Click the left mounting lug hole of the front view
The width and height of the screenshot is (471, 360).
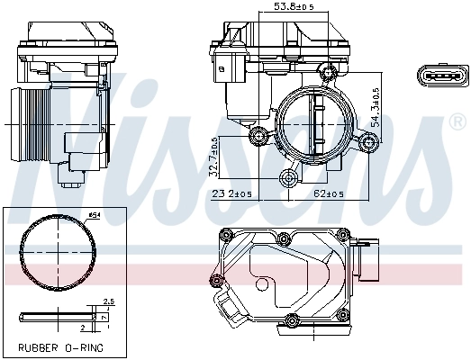[x=261, y=137]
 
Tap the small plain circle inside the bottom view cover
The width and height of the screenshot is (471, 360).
[x=262, y=285]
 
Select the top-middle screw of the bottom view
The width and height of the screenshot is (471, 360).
[x=284, y=238]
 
